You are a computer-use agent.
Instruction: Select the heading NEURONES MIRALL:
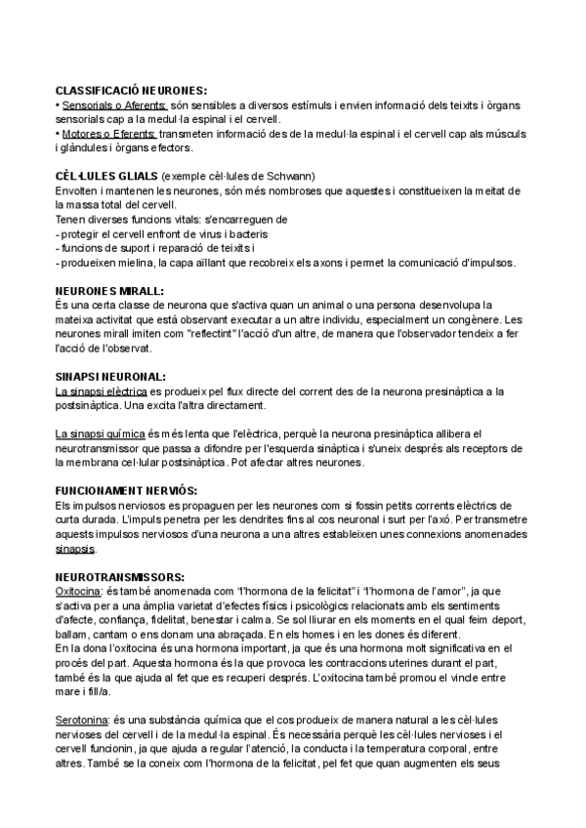click(x=109, y=291)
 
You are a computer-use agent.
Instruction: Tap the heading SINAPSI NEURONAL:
click(x=110, y=377)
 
